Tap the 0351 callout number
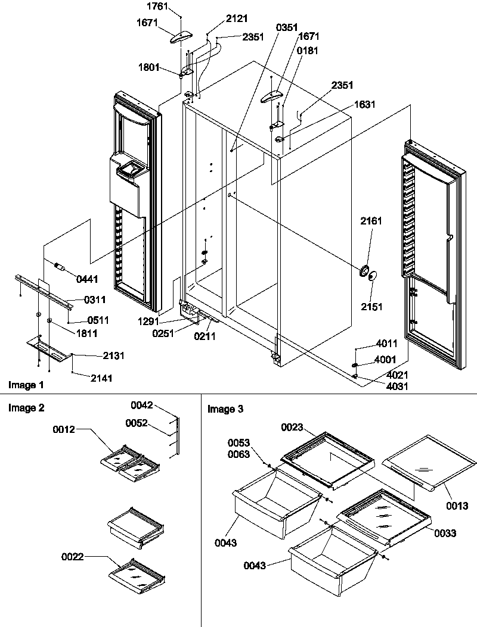coord(287,27)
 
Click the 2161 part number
coord(370,221)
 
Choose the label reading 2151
coord(370,307)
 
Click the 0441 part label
coord(87,279)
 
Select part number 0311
coord(79,301)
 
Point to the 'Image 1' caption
coord(26,385)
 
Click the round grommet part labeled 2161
coord(363,270)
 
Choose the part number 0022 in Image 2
coord(72,557)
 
